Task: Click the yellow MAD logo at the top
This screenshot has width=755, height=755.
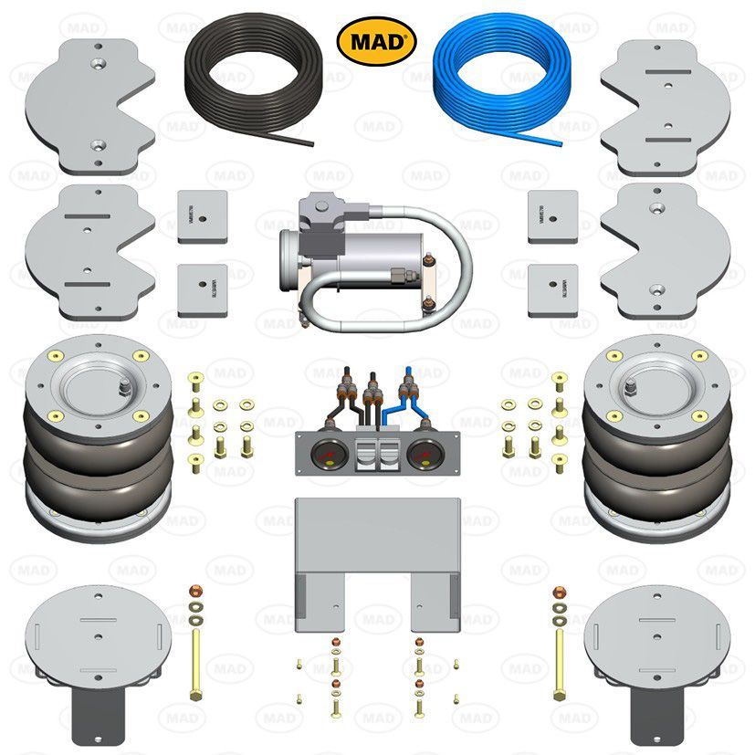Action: click(377, 41)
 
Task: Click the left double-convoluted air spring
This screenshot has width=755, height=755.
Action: click(98, 438)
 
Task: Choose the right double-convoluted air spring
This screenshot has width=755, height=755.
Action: click(656, 438)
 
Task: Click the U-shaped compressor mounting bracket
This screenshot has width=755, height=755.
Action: click(376, 557)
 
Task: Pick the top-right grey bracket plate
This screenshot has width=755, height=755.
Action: click(666, 105)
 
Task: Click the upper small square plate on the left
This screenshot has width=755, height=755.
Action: click(202, 216)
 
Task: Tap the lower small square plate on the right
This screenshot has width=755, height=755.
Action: click(552, 289)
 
